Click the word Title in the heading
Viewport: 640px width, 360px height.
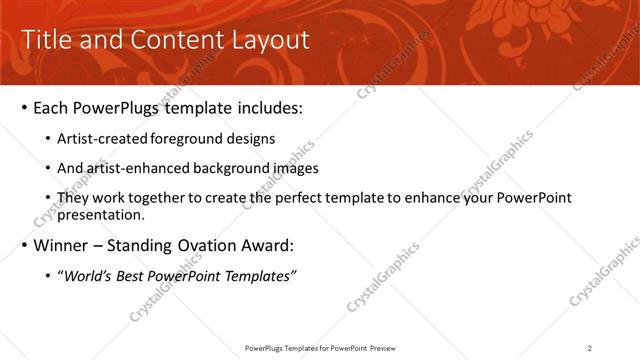(47, 40)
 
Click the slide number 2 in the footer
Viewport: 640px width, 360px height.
(590, 347)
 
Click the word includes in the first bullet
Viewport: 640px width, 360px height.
(268, 107)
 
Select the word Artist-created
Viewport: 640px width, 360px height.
(102, 139)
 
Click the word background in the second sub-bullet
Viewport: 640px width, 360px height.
(234, 168)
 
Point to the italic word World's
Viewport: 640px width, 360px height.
(88, 276)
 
